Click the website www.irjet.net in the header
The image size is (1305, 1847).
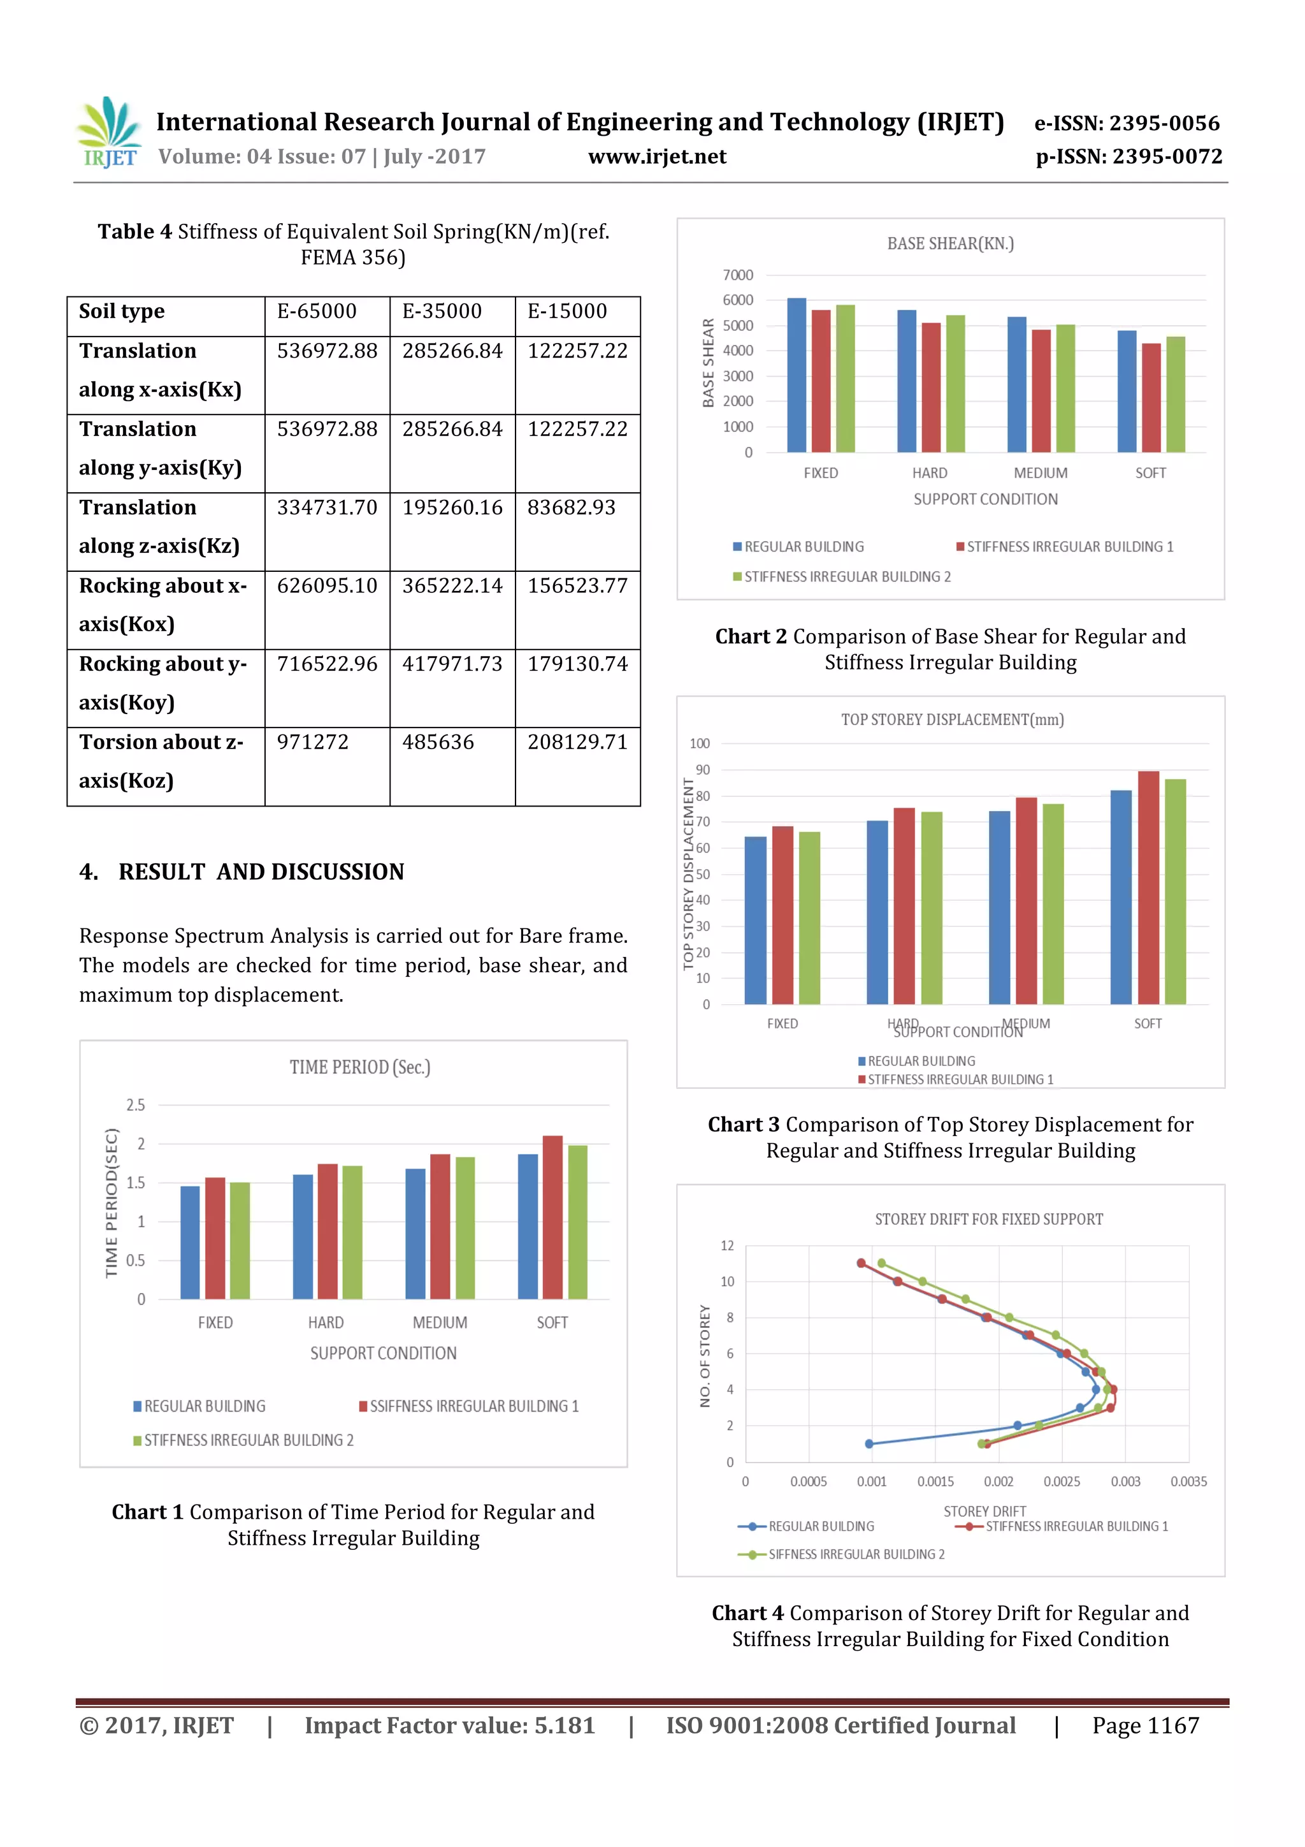(657, 157)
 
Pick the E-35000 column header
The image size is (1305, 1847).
(442, 311)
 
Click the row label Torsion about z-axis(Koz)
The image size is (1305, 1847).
(161, 761)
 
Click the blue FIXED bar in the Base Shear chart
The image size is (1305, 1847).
(796, 376)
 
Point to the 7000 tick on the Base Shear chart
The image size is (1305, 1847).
(737, 275)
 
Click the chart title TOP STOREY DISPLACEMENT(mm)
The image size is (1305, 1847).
(952, 720)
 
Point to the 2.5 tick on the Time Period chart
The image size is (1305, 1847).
(135, 1106)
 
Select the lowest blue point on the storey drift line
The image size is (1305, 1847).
(869, 1444)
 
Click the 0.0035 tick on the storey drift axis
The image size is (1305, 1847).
(1188, 1482)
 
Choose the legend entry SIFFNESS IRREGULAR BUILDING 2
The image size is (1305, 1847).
(856, 1554)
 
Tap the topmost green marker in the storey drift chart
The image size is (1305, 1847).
(881, 1263)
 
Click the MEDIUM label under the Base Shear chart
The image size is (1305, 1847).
(1040, 473)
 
